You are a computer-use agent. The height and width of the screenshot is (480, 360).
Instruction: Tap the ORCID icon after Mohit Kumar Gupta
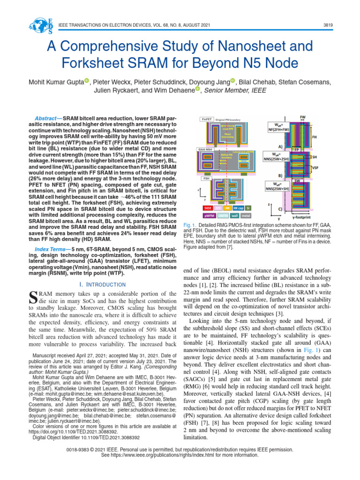[87, 82]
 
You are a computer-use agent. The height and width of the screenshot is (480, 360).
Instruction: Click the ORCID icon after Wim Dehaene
[198, 90]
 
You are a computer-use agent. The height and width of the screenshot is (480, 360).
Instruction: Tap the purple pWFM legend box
[209, 216]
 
